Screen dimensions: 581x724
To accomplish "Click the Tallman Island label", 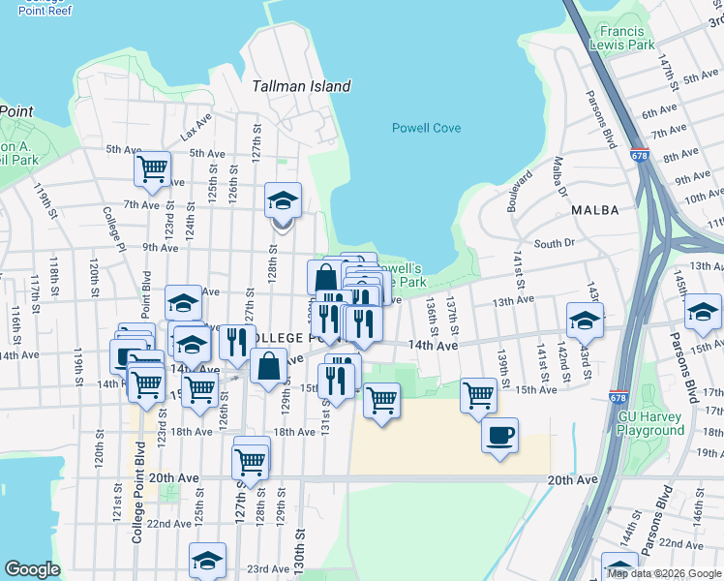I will click(x=301, y=86).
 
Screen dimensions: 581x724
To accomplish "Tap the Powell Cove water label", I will click(x=426, y=128).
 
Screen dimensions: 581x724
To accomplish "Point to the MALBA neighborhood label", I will click(x=594, y=209).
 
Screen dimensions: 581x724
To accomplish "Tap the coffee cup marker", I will click(x=499, y=436).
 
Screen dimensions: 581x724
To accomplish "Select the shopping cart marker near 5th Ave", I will click(x=153, y=168).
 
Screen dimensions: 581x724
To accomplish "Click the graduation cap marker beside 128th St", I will click(x=283, y=200).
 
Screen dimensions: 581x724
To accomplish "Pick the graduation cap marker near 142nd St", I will click(x=585, y=320).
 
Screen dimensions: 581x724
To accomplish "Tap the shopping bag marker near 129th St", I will click(x=269, y=366).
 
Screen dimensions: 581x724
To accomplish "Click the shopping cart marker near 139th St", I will click(x=478, y=394).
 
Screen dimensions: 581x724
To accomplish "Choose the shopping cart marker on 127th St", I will click(x=251, y=462).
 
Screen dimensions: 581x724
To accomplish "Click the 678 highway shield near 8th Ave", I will click(x=639, y=155).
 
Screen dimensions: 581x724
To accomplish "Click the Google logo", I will click(x=32, y=569).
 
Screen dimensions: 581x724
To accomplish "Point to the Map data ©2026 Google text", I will click(x=663, y=573).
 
